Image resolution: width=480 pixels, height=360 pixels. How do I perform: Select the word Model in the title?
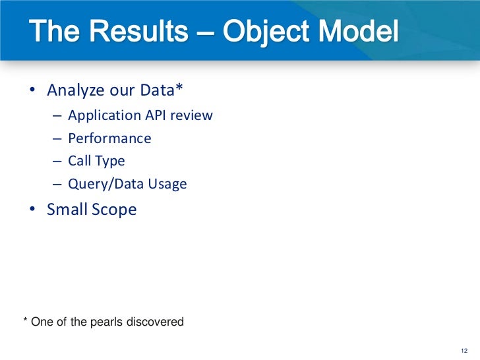pyautogui.click(x=362, y=31)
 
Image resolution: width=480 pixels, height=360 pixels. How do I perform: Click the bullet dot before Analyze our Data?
pyautogui.click(x=32, y=90)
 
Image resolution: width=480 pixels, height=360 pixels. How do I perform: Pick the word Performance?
pyautogui.click(x=109, y=138)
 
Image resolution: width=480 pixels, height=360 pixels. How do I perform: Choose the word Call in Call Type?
pyautogui.click(x=78, y=161)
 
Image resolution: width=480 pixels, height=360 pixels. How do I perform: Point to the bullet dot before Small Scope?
pyautogui.click(x=32, y=210)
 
